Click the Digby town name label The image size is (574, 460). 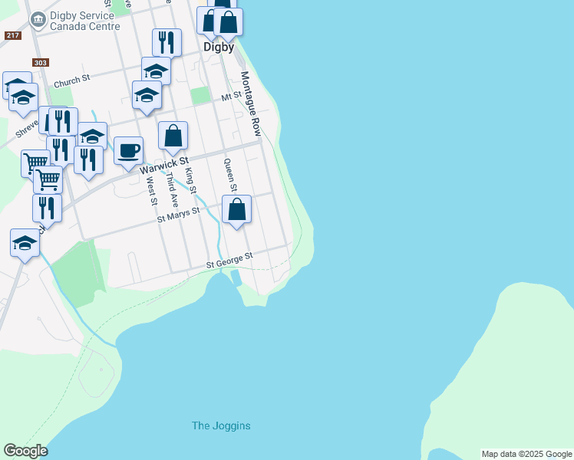tap(219, 46)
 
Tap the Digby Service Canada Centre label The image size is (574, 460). tap(84, 21)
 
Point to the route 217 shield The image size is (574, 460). tap(12, 35)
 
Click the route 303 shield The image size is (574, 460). tap(41, 62)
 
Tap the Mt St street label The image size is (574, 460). tap(231, 97)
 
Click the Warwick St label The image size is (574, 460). tap(164, 164)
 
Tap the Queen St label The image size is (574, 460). tap(229, 174)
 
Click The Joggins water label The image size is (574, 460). tap(221, 426)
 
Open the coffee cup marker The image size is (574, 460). tap(129, 149)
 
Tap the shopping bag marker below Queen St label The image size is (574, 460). tap(237, 209)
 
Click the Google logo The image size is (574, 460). tap(25, 451)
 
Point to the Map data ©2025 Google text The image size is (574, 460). tap(526, 454)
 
